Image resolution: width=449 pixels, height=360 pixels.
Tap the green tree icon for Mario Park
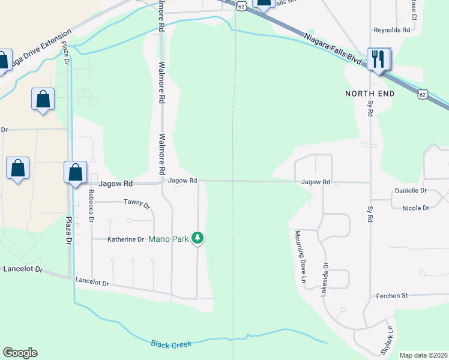coord(197,239)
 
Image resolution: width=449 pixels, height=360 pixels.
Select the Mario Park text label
coord(169,239)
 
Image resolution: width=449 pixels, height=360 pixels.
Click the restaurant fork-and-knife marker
coord(379,59)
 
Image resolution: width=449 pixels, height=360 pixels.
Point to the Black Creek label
coord(171,344)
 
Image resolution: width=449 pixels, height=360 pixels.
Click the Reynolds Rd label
coord(391,29)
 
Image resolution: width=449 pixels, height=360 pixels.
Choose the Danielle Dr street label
coord(411,190)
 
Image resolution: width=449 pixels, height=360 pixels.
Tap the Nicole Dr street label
coord(414,208)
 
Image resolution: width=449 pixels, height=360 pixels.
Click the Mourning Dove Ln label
coord(297,257)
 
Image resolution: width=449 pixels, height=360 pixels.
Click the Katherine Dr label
coord(125,239)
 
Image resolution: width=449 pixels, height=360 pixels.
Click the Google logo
coord(20,353)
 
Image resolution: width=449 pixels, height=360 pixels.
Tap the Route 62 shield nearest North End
coord(423,94)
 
